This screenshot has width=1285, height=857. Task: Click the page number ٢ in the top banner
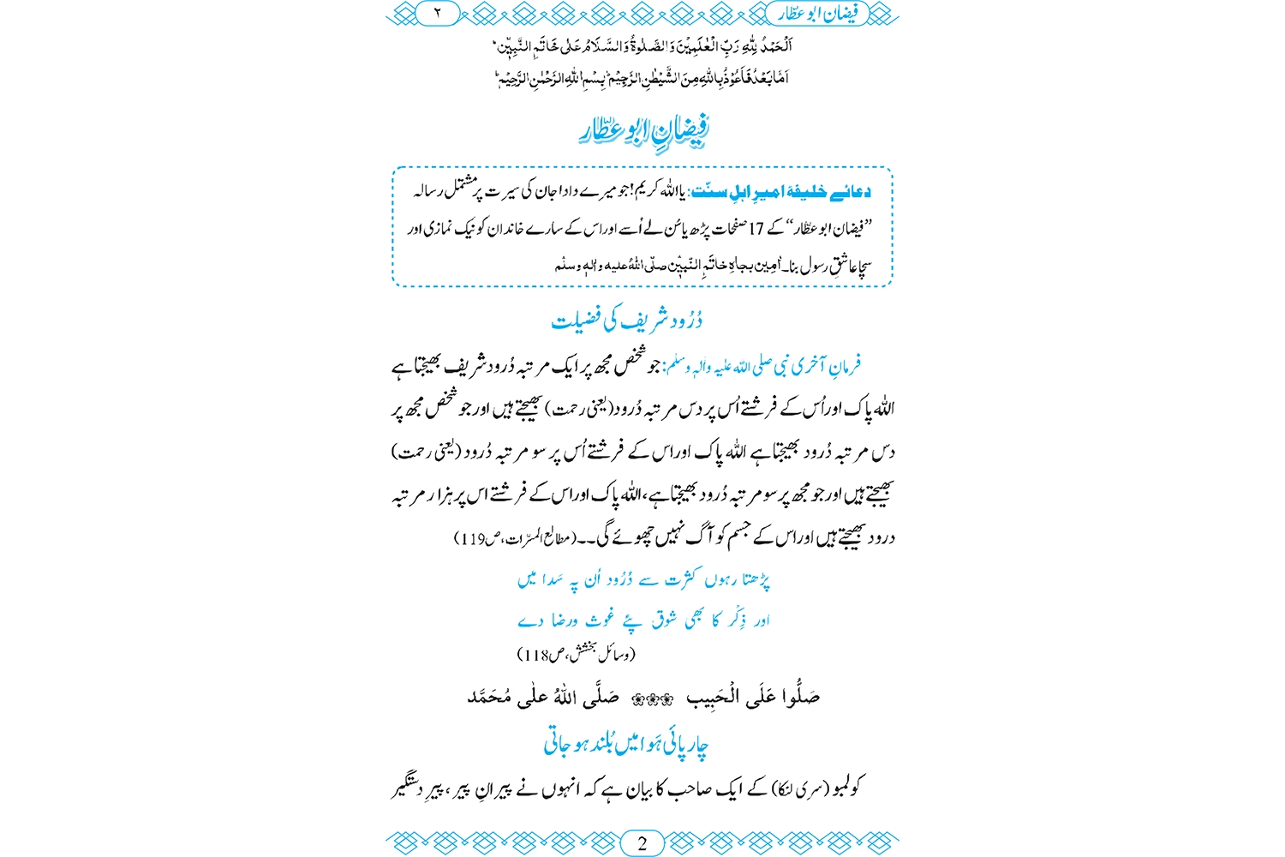436,14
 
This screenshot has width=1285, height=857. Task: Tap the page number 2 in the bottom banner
642,842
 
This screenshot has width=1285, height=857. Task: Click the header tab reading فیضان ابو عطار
822,14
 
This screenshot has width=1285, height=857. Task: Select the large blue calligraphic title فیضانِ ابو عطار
643,131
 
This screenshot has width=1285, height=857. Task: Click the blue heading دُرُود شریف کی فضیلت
627,321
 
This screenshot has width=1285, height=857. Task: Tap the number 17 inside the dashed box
756,229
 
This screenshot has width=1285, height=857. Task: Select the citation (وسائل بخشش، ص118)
577,655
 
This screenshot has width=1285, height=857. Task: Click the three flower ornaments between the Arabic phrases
652,699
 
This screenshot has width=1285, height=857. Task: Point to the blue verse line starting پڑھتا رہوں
643,580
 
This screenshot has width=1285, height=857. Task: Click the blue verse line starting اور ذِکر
643,620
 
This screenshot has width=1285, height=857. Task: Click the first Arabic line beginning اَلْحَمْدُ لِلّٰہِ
642,45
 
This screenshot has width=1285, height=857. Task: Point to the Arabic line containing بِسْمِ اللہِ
642,79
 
